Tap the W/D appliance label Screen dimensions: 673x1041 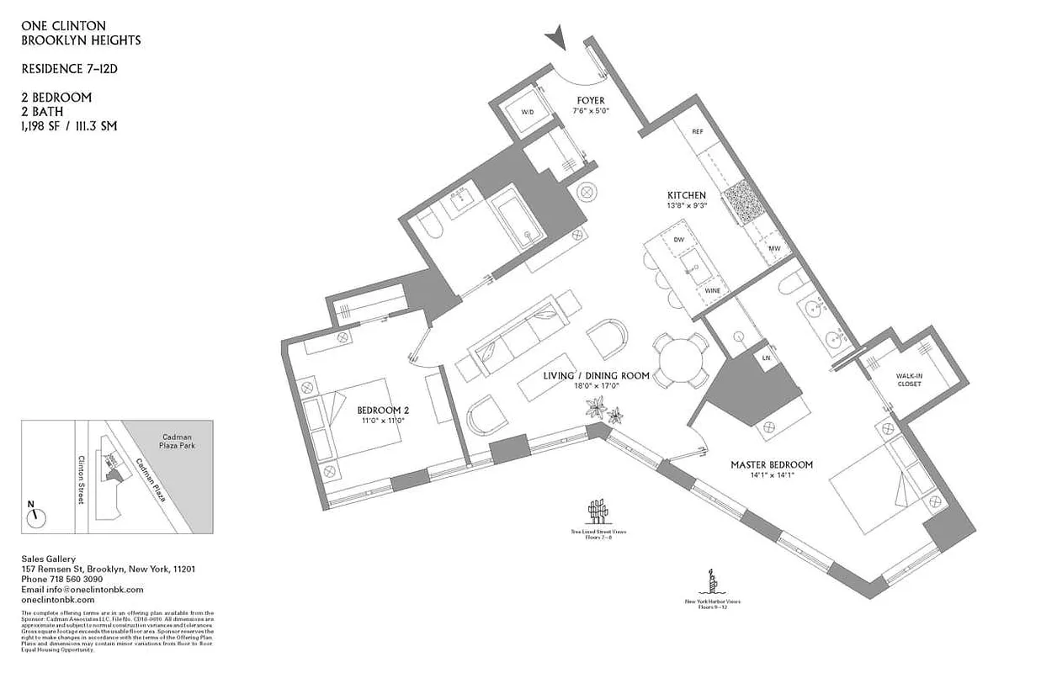click(528, 112)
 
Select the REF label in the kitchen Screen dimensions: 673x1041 click(697, 132)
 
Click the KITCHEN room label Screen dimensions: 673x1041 click(687, 195)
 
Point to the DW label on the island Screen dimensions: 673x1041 click(678, 240)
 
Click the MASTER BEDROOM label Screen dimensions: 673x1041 click(771, 464)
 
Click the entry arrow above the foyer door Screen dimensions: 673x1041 click(554, 38)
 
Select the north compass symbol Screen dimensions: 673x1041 click(35, 517)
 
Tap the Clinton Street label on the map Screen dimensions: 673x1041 click(82, 480)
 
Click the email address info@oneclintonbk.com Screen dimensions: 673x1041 click(82, 590)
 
